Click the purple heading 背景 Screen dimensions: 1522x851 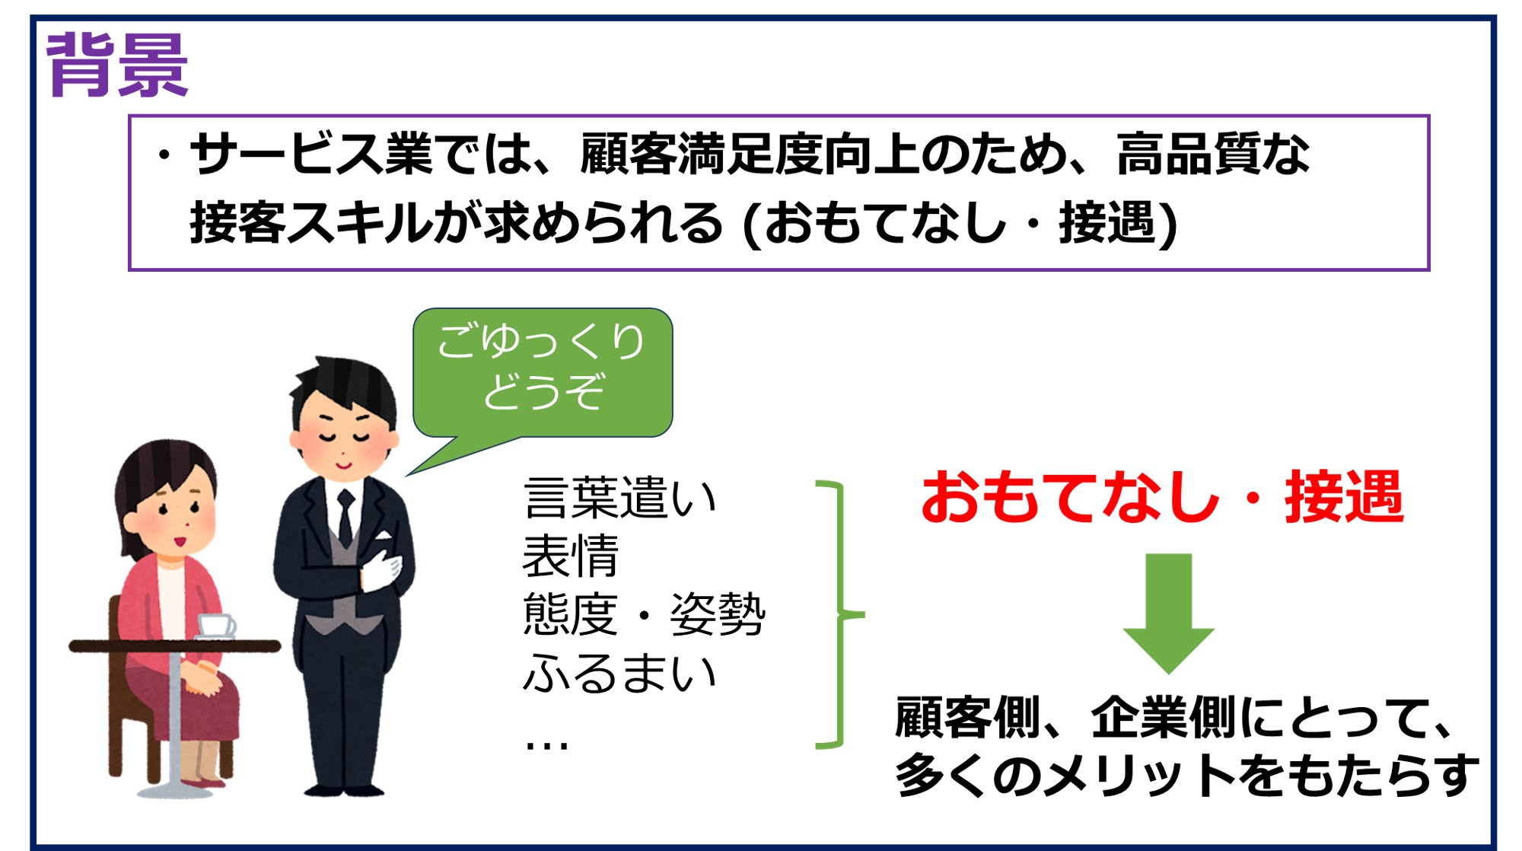coord(117,65)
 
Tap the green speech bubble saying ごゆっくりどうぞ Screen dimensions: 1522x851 coord(542,373)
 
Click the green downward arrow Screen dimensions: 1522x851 coord(1168,613)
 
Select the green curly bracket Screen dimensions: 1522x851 coord(839,614)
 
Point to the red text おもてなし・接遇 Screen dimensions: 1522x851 coord(1162,497)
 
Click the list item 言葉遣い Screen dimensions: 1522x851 coord(620,499)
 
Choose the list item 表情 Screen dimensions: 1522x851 coord(571,556)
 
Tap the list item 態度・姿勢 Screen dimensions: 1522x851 coord(644,614)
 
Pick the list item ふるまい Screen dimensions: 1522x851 coord(620,673)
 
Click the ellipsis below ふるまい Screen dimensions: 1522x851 coord(546,744)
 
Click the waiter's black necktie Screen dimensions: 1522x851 coord(345,518)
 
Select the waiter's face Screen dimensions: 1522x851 coord(344,438)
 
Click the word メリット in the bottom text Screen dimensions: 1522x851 coord(1140,775)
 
